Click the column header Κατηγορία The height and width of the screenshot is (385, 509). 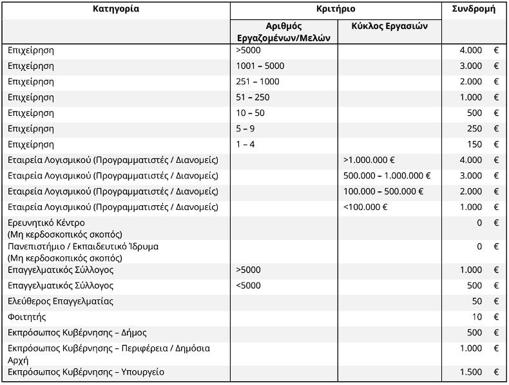coord(116,9)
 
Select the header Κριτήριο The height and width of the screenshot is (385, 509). coord(336,9)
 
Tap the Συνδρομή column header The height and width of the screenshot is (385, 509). coord(474,9)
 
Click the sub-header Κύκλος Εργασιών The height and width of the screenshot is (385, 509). coord(389,26)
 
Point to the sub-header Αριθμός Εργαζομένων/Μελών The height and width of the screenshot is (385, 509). coord(283,32)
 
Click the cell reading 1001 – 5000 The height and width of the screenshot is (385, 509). coord(260,66)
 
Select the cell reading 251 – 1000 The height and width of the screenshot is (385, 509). coord(258,82)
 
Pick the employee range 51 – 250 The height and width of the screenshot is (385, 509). coord(253,97)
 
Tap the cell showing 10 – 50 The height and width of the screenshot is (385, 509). coord(250,113)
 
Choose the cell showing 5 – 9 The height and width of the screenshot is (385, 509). coord(245,129)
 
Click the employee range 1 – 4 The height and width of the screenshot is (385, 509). coord(245,144)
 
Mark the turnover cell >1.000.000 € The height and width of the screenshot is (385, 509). coord(369,160)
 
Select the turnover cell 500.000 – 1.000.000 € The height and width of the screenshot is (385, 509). coord(387,176)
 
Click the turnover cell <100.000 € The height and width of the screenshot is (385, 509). coord(365,207)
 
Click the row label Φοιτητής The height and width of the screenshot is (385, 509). coord(27,317)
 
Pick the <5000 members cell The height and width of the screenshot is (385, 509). coord(248,286)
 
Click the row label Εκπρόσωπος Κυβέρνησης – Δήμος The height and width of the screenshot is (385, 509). coord(77,333)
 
